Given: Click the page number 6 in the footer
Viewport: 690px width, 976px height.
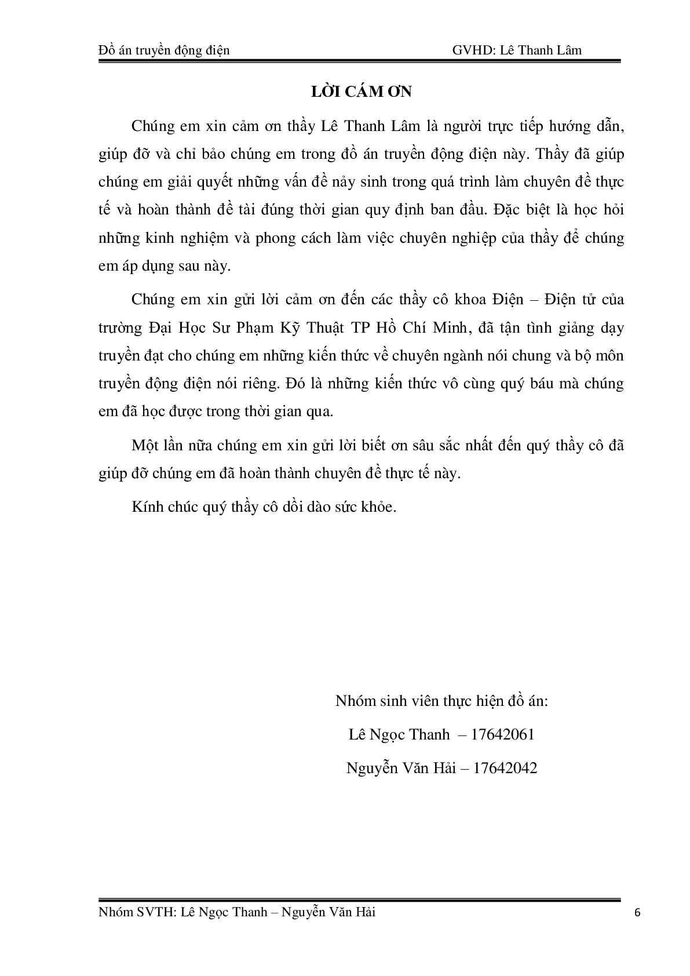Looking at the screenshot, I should (x=638, y=913).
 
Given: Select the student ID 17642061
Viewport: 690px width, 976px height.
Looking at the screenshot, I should (x=503, y=735).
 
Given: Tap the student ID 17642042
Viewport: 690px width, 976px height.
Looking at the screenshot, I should (x=505, y=769).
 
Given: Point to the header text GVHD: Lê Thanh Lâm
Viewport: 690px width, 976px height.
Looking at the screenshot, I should (x=517, y=50).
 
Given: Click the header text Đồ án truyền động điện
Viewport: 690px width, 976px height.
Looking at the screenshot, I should (x=164, y=50).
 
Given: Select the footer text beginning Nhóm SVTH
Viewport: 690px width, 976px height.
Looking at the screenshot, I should (x=237, y=912).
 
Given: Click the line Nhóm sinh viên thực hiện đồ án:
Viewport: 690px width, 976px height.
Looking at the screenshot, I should (x=441, y=701).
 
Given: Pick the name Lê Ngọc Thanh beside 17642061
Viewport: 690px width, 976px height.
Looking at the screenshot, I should (x=399, y=735).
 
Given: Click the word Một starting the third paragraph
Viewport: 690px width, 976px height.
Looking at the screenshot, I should (x=145, y=446).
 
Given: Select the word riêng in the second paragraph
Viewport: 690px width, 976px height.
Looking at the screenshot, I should (x=257, y=384).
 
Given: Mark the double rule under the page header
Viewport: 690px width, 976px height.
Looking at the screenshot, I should (x=360, y=61).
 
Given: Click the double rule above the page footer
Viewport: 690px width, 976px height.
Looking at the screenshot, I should (x=360, y=900).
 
